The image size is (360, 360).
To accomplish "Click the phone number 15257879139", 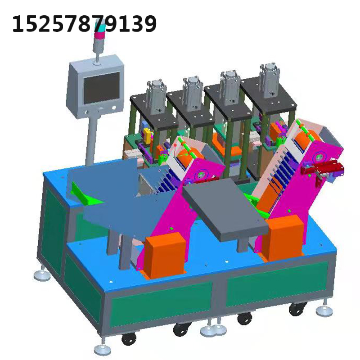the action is [84, 24].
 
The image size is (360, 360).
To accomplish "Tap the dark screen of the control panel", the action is [102, 88].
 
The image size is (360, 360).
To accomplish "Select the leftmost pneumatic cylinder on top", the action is [157, 96].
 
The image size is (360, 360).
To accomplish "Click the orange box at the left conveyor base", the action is [165, 254].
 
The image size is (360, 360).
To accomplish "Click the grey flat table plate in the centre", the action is [225, 208].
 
